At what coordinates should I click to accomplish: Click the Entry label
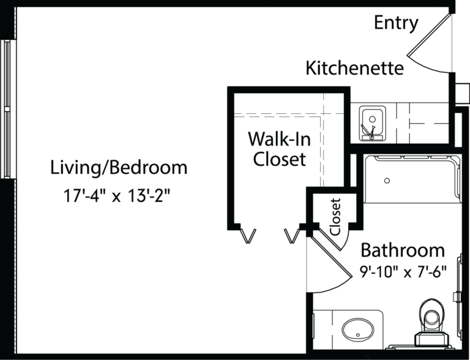click(396, 23)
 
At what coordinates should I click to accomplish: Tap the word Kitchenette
click(354, 68)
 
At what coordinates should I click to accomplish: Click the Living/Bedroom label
click(119, 167)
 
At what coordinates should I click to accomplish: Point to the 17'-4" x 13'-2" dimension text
click(117, 196)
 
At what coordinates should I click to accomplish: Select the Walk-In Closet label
click(279, 149)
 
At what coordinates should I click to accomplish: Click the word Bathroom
click(403, 250)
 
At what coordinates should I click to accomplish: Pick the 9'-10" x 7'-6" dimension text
click(403, 272)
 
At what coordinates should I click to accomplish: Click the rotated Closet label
click(335, 217)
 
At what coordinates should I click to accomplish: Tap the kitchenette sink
click(372, 122)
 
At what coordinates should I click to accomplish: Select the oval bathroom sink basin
click(358, 331)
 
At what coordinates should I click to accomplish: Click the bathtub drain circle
click(387, 181)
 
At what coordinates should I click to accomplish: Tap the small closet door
click(330, 239)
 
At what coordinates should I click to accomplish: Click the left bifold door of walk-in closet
click(248, 236)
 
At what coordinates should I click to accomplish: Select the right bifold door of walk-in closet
click(292, 236)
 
